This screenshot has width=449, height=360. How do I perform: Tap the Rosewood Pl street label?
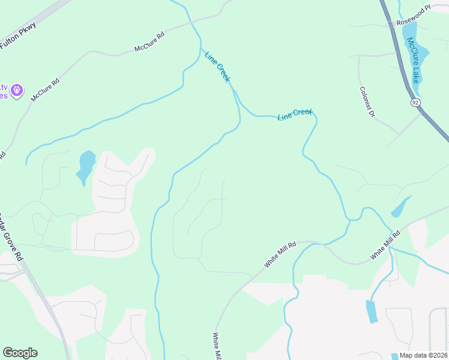click(x=414, y=17)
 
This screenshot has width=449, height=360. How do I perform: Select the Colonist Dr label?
click(x=367, y=102)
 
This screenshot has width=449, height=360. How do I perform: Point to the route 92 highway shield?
click(x=415, y=103)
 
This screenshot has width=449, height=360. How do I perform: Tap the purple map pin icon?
click(x=17, y=91)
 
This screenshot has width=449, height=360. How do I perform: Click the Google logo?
click(x=20, y=353)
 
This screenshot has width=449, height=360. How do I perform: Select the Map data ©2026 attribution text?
click(x=423, y=355)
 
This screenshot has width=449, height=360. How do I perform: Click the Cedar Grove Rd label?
click(x=12, y=237)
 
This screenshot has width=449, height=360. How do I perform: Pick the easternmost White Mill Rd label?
click(x=385, y=245)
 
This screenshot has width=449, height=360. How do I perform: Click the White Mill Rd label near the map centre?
click(x=281, y=255)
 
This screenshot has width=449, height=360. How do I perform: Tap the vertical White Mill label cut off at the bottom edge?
click(x=217, y=347)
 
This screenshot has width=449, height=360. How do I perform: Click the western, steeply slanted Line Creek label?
click(x=217, y=67)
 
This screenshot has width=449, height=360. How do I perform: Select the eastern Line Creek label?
click(x=295, y=114)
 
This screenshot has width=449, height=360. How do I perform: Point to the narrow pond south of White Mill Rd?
click(x=372, y=311)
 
